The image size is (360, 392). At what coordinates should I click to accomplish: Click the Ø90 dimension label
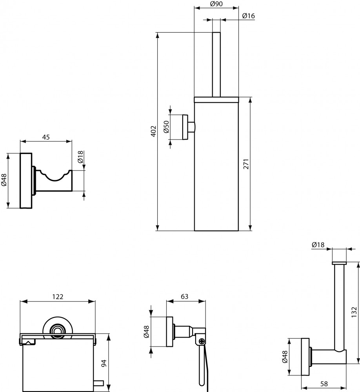216,4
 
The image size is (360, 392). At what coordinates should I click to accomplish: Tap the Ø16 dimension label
248,16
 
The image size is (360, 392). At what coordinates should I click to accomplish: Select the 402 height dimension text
154,131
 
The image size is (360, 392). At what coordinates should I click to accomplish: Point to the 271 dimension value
246,164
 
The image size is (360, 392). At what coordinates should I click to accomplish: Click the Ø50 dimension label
166,127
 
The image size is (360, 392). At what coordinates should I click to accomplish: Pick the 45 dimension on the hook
46,137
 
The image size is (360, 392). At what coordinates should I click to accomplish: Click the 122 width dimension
58,296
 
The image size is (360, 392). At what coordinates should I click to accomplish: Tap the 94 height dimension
104,363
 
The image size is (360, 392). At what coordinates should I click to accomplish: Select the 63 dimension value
184,296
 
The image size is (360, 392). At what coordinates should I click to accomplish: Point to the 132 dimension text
354,312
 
